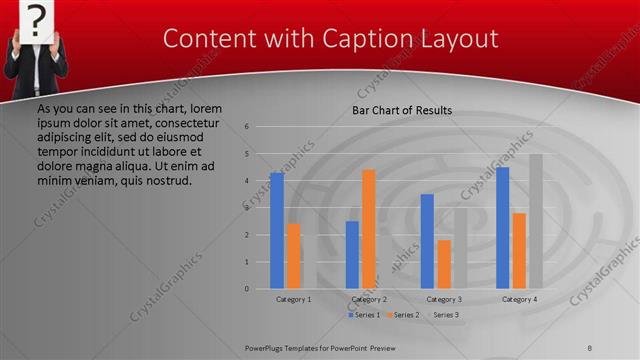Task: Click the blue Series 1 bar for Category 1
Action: pyautogui.click(x=277, y=231)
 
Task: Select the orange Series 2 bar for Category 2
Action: pyautogui.click(x=369, y=229)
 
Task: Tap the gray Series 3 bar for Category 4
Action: pyautogui.click(x=536, y=221)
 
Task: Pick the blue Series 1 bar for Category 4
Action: pyautogui.click(x=503, y=228)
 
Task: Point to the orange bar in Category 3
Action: pyautogui.click(x=444, y=264)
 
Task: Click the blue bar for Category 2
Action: pyautogui.click(x=352, y=255)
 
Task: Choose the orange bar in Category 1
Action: pyautogui.click(x=294, y=256)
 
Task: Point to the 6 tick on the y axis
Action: pyautogui.click(x=247, y=127)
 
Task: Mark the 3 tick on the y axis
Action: pyautogui.click(x=247, y=208)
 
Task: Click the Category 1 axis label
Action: pyautogui.click(x=294, y=299)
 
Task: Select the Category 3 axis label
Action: pyautogui.click(x=444, y=299)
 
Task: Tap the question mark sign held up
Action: pyautogui.click(x=36, y=19)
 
